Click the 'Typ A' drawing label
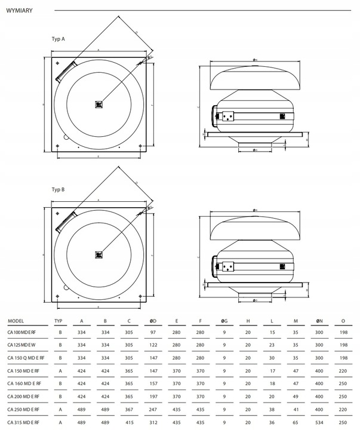pyautogui.click(x=58, y=38)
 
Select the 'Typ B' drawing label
pyautogui.click(x=58, y=189)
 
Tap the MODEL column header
pyautogui.click(x=16, y=321)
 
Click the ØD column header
pyautogui.click(x=153, y=321)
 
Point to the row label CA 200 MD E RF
pyautogui.click(x=22, y=396)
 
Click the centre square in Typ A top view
pyautogui.click(x=99, y=104)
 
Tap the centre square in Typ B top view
pyautogui.click(x=99, y=254)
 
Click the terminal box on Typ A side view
pyautogui.click(x=227, y=115)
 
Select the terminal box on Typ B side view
pyautogui.click(x=227, y=266)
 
